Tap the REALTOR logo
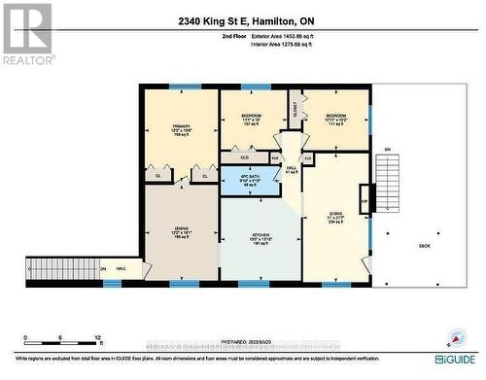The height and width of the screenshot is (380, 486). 27,34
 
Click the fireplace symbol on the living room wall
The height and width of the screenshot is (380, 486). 364,198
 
